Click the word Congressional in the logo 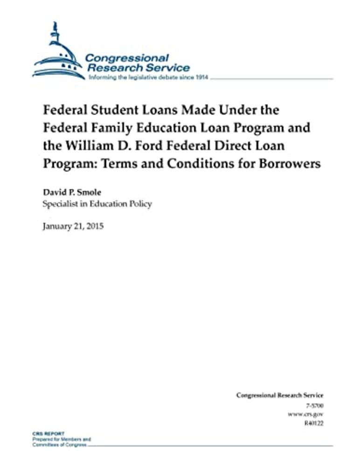(x=126, y=58)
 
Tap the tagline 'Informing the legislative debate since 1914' (x=148, y=77)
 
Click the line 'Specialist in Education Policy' (x=97, y=204)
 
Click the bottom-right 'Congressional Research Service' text (x=279, y=395)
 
